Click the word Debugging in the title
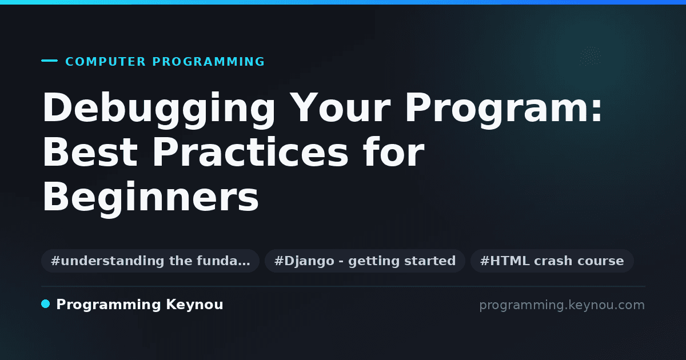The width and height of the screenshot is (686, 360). coord(159,110)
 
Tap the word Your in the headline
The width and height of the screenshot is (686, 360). coord(340,107)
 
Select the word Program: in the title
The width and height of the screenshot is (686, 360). coord(504,110)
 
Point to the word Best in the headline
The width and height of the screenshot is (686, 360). coord(90,152)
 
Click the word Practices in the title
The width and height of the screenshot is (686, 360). coord(250,151)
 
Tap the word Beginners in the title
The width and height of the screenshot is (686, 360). coord(150,199)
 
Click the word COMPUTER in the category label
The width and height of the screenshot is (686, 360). coord(105,62)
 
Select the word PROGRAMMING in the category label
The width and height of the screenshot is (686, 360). coord(208,62)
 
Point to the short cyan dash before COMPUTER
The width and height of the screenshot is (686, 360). coord(49,61)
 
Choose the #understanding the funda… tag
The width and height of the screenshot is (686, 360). coord(150,261)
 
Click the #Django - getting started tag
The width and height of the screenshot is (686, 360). coord(365,261)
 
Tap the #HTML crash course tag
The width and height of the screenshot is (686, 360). coord(552,261)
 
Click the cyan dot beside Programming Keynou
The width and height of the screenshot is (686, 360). coord(45,304)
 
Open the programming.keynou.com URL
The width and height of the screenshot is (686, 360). coord(562,306)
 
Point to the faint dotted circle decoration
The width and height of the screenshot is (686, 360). coord(590,56)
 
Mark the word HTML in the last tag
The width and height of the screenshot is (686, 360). coord(509,261)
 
